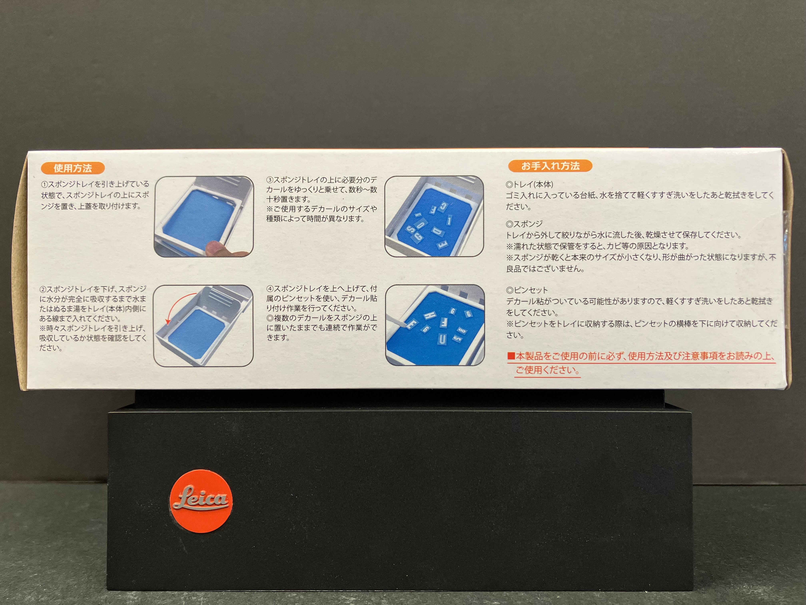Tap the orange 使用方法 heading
(73, 168)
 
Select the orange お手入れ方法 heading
(550, 166)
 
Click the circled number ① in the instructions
(44, 184)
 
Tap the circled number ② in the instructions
(43, 289)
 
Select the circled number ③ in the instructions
(270, 180)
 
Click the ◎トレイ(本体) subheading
(529, 184)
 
